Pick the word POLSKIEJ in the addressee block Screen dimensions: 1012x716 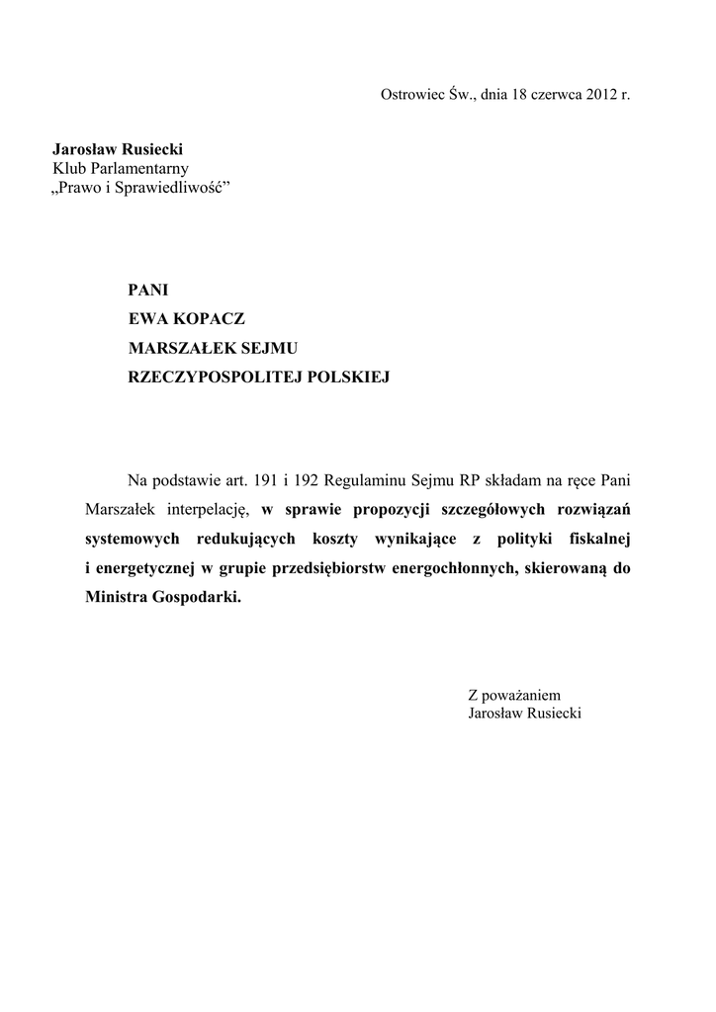pyautogui.click(x=350, y=377)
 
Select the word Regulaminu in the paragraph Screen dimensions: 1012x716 pyautogui.click(x=379, y=481)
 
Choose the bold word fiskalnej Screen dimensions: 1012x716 pyautogui.click(x=597, y=540)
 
